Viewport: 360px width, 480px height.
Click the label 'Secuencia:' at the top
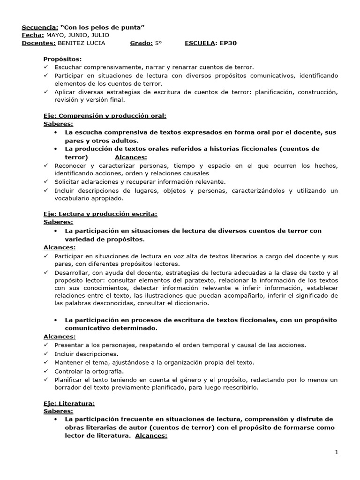coord(40,27)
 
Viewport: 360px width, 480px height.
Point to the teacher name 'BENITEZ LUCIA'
coord(81,43)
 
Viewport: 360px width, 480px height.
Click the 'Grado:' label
coord(141,43)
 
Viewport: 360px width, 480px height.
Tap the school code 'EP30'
coord(230,43)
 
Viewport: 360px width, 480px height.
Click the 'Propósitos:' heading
coord(62,60)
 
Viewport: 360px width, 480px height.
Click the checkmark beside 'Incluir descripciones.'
coord(45,354)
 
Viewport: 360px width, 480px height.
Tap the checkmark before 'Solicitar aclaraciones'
coord(45,181)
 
